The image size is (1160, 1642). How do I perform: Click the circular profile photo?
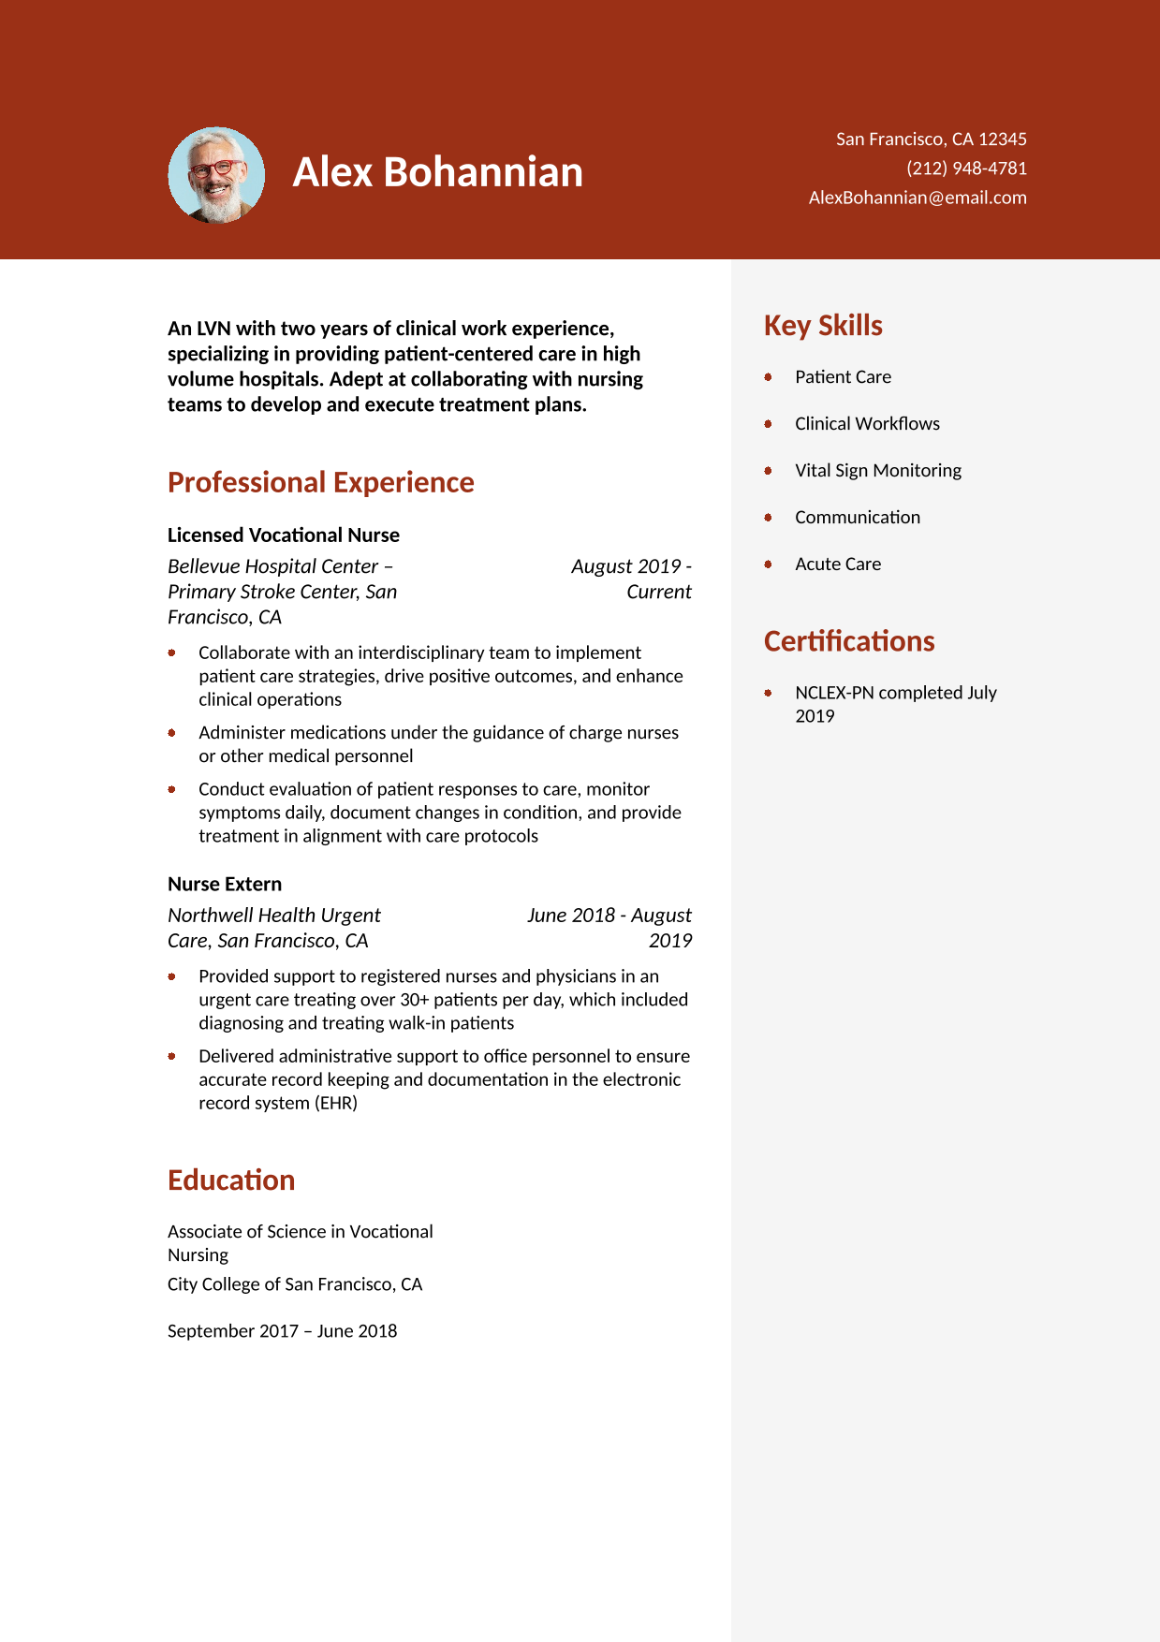[216, 175]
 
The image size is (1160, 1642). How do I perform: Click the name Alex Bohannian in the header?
[437, 172]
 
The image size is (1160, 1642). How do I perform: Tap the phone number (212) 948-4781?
[966, 169]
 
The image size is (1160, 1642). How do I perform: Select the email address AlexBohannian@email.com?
[918, 198]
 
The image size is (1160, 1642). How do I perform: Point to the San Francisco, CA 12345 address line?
[931, 139]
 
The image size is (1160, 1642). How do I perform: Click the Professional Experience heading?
[320, 482]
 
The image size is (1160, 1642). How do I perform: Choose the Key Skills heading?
[823, 326]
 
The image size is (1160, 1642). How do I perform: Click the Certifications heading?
[849, 641]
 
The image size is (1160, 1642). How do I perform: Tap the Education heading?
[231, 1180]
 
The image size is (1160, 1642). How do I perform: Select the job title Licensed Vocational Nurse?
[283, 535]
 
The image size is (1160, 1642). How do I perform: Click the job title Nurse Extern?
[225, 885]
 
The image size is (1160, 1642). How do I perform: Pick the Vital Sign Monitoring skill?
[877, 471]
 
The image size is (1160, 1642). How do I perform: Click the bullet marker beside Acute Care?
[768, 564]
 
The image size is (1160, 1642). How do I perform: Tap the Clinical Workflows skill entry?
[867, 424]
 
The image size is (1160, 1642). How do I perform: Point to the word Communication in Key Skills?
[857, 518]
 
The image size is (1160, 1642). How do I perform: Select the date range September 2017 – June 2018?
[282, 1331]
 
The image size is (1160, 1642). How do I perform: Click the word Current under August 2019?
[659, 592]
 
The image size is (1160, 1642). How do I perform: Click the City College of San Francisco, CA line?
[295, 1284]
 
